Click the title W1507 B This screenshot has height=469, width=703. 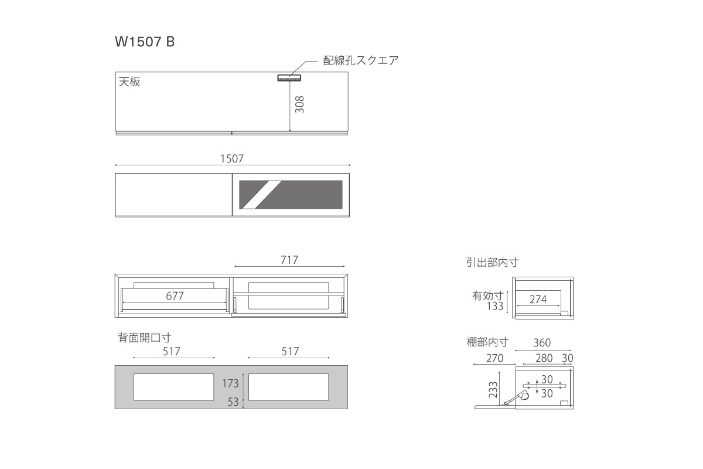[145, 42]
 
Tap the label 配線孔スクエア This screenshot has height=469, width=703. [361, 60]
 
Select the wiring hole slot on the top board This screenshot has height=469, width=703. [289, 77]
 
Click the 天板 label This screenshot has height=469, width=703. [129, 81]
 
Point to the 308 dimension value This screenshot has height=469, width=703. [300, 104]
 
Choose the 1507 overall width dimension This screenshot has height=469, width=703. [232, 159]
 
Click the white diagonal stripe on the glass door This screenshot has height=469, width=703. [262, 195]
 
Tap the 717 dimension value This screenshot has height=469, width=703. [289, 260]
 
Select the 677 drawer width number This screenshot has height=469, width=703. [175, 296]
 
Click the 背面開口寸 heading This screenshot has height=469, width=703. [144, 338]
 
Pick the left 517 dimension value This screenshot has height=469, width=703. [171, 351]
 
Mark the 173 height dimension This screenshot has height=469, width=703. [230, 383]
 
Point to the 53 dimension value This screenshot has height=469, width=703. [233, 402]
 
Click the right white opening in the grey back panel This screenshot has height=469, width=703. [288, 387]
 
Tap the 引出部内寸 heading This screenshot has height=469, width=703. [492, 262]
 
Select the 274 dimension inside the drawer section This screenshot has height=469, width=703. [538, 300]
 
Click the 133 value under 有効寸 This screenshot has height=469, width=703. [495, 306]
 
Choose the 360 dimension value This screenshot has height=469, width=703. [542, 343]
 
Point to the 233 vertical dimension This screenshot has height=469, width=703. [493, 389]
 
